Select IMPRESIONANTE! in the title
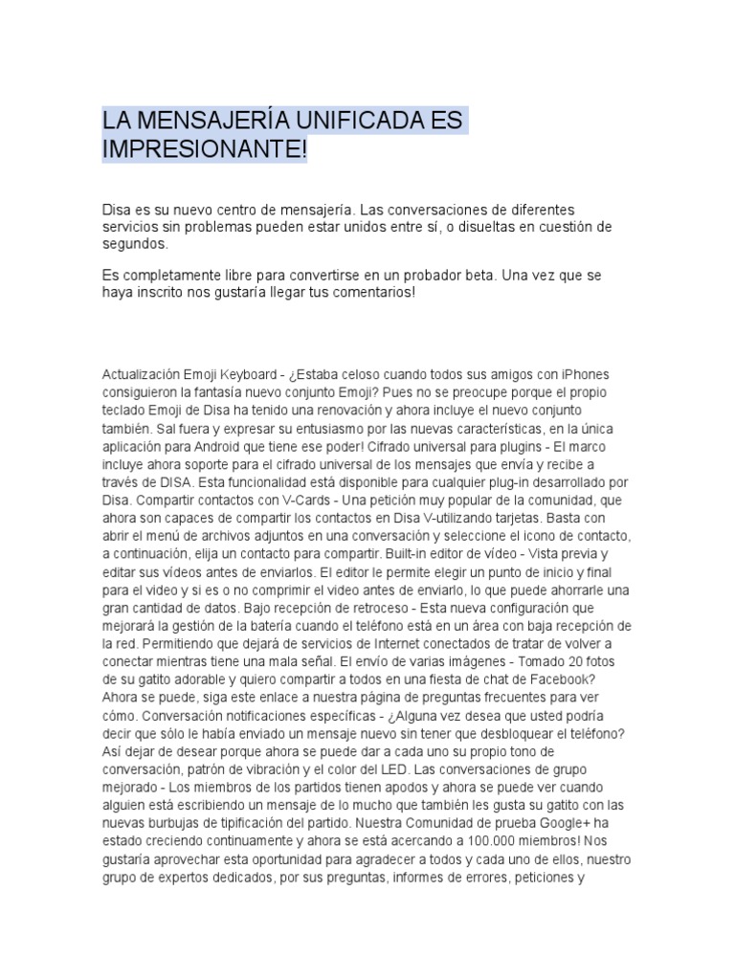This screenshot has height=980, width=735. [205, 151]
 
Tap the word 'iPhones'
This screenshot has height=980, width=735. [585, 373]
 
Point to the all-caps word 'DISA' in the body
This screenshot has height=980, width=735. [178, 482]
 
